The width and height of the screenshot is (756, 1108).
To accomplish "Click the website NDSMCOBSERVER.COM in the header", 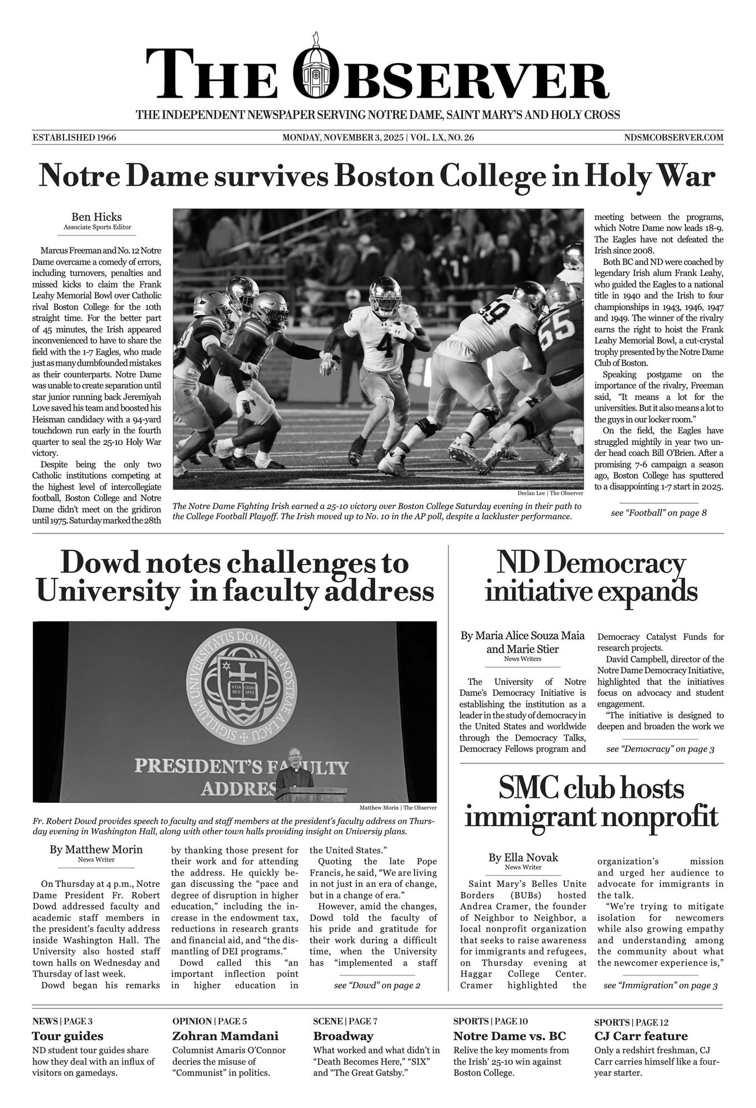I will tap(673, 137).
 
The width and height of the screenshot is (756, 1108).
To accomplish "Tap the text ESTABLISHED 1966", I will tap(74, 137).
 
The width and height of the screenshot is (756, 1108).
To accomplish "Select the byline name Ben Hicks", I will tap(96, 217).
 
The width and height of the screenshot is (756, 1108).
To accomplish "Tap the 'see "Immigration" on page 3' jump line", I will tap(660, 986).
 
